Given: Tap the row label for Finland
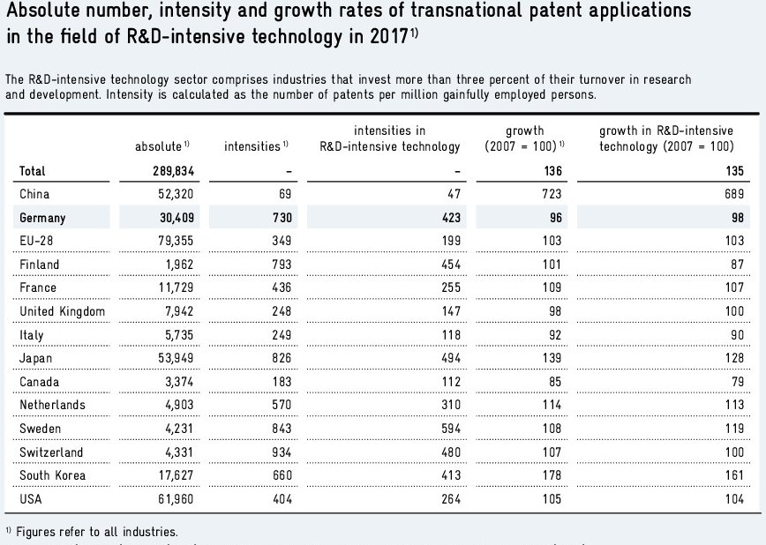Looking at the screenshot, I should tap(40, 265).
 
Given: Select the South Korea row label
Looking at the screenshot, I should tap(51, 476).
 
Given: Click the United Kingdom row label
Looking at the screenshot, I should tap(62, 311).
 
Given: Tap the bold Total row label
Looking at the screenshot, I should tap(33, 171).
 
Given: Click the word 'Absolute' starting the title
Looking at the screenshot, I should tap(41, 12).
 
